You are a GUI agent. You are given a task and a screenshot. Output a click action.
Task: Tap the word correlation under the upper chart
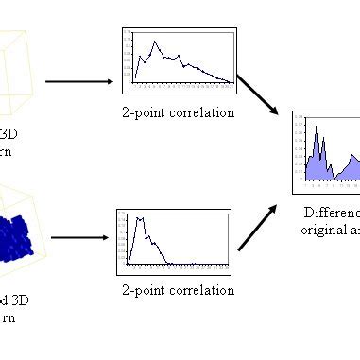(198, 113)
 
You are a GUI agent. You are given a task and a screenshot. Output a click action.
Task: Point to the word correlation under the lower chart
(197, 290)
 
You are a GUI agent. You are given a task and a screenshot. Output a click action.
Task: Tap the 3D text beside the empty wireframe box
(9, 133)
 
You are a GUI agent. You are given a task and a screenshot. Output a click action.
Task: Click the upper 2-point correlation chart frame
(179, 60)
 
